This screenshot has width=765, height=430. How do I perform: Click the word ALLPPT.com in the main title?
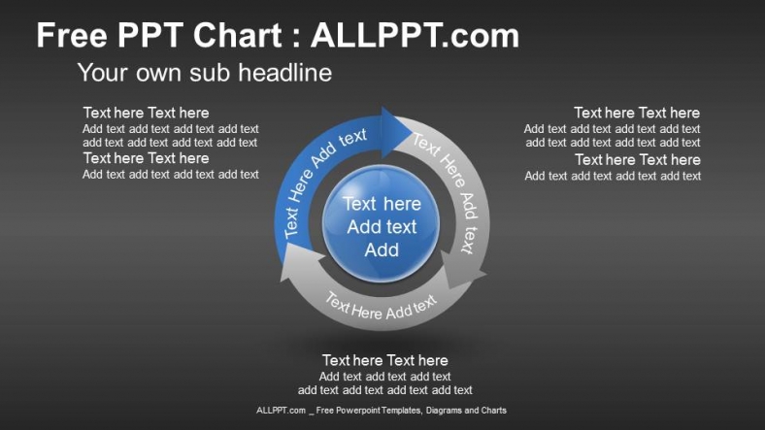[415, 37]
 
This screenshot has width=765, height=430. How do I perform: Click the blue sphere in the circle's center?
[382, 225]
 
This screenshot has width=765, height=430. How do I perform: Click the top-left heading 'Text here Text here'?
[146, 113]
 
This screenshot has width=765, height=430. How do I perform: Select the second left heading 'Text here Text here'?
[146, 158]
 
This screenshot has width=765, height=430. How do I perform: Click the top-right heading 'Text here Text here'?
[637, 113]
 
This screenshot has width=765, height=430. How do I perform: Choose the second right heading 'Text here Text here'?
[637, 159]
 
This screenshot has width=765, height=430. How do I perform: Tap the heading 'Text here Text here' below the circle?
[385, 360]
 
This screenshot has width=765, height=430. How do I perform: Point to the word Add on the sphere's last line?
[382, 250]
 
